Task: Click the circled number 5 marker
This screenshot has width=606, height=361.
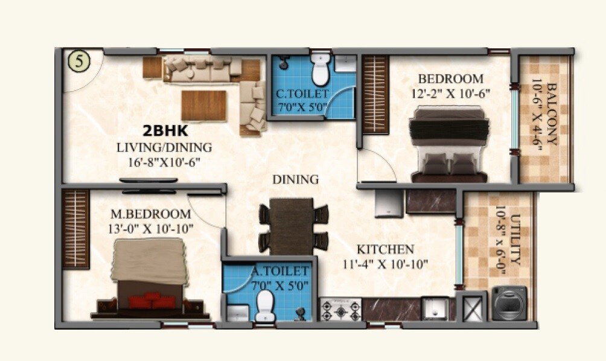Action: [x=79, y=61]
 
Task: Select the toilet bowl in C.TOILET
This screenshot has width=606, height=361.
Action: [x=321, y=71]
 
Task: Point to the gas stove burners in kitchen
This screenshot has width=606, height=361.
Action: [x=340, y=310]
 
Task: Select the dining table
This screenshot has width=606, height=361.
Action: [x=292, y=226]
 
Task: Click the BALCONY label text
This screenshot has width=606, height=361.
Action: [x=544, y=119]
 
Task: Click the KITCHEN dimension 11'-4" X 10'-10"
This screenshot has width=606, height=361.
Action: [x=386, y=263]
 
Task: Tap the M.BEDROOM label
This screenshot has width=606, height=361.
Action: [x=150, y=214]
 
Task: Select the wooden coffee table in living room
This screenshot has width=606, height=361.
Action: [x=203, y=105]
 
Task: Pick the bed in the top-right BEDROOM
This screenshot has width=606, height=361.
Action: [x=448, y=144]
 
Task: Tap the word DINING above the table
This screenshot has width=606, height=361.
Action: [x=295, y=179]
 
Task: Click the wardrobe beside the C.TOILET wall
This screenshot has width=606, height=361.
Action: [x=375, y=94]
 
